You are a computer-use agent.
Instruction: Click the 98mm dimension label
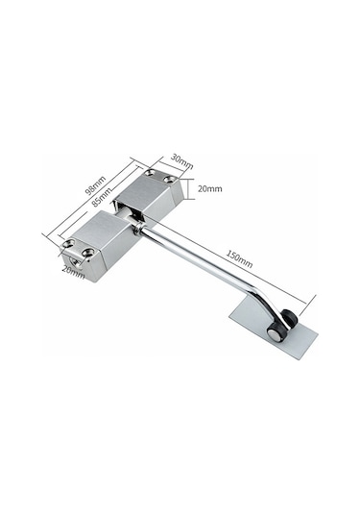point(95,185)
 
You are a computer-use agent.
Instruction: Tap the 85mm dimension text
point(101,197)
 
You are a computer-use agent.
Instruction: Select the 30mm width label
point(181,161)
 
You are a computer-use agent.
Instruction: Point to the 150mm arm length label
point(239,259)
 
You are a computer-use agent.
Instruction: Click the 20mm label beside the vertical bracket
point(210,189)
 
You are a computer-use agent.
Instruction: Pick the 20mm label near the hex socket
point(73,273)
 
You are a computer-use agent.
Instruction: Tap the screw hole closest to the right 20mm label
point(170,179)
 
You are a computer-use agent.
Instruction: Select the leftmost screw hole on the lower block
point(69,244)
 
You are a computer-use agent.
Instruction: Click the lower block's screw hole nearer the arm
point(88,253)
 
